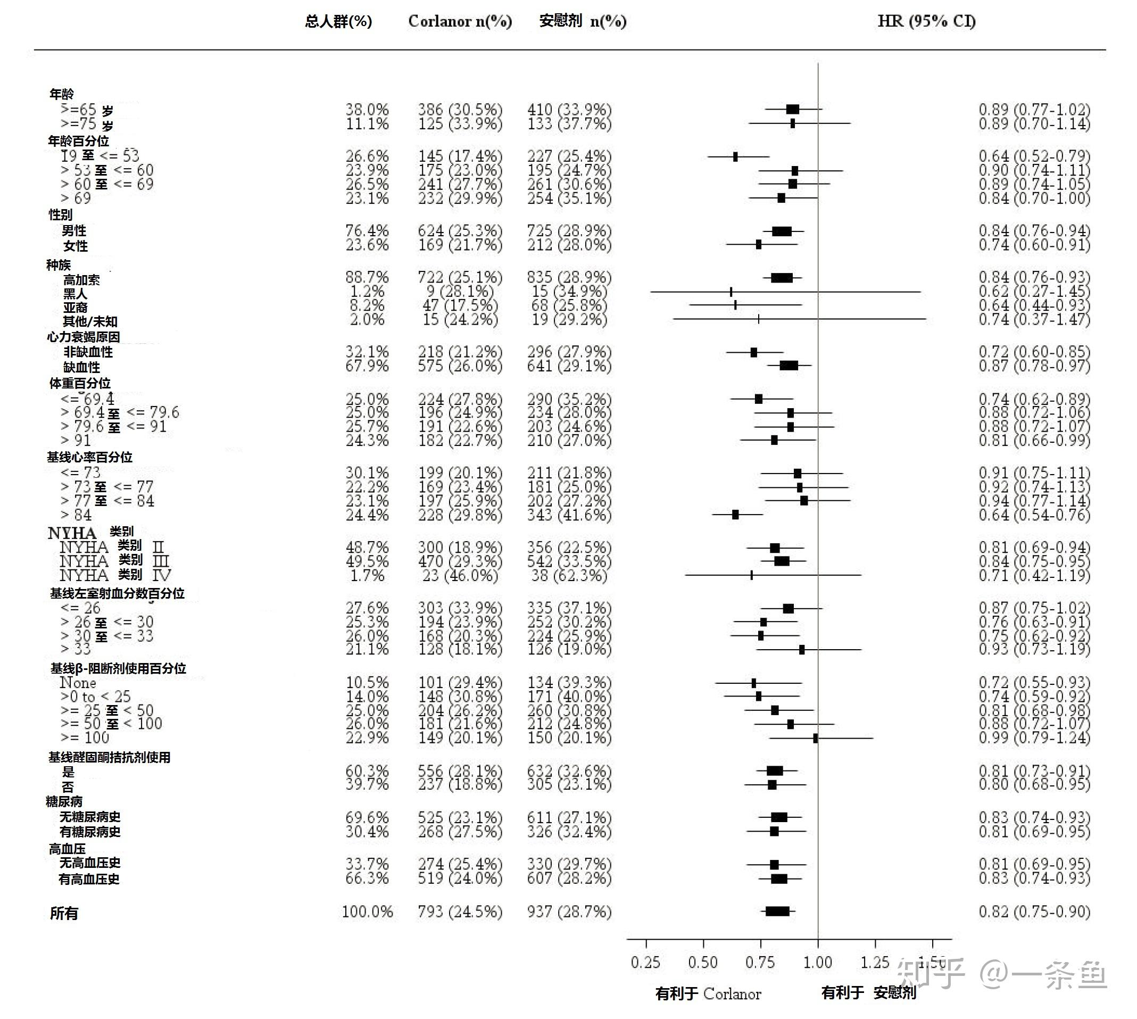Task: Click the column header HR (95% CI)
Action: tap(926, 21)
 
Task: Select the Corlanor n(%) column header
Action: tap(460, 21)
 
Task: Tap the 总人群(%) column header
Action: tap(338, 21)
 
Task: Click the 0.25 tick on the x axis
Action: tap(645, 962)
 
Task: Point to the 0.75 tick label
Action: tap(760, 962)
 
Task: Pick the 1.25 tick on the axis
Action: tap(875, 962)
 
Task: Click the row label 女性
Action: tap(76, 246)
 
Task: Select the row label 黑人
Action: tap(75, 293)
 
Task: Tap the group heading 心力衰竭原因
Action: tap(84, 336)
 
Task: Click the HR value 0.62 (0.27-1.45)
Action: tap(1034, 291)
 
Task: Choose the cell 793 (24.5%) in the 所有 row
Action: tap(460, 912)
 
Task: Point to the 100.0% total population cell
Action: tap(367, 912)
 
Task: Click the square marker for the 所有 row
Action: tap(777, 912)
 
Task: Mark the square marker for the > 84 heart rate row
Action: tap(735, 515)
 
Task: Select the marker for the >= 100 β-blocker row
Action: tap(815, 738)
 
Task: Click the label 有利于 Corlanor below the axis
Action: tap(708, 993)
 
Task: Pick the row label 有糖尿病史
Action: tap(90, 832)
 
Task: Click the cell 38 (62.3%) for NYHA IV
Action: tap(567, 576)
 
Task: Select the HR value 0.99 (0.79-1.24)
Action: tap(1034, 738)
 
